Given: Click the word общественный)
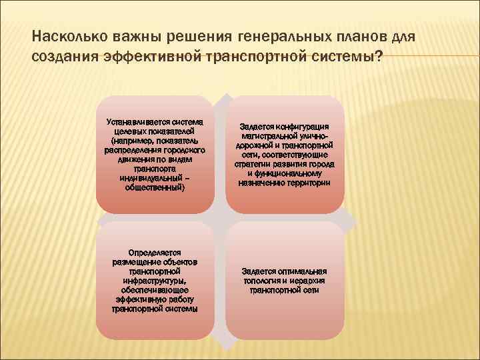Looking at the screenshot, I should point(155,187).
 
